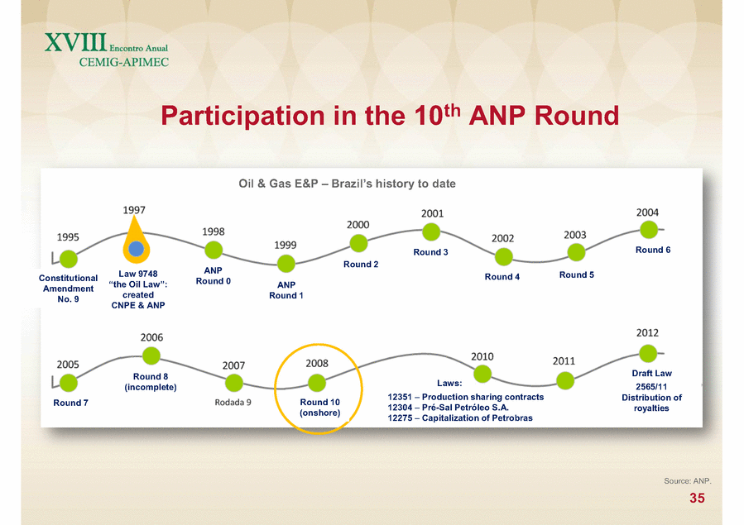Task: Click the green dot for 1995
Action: (x=69, y=259)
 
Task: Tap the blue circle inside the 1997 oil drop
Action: (x=137, y=249)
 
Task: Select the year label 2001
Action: (x=432, y=213)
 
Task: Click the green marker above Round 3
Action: (x=431, y=232)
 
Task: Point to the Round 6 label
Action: (x=653, y=250)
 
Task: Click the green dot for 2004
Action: (x=649, y=230)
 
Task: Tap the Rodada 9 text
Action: (x=233, y=403)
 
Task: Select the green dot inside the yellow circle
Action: (x=317, y=383)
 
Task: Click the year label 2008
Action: (x=317, y=364)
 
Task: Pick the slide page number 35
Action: (x=697, y=498)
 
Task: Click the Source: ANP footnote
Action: (x=688, y=481)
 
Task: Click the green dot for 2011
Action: (x=565, y=380)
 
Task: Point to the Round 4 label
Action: (x=502, y=277)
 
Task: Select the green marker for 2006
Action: (x=151, y=356)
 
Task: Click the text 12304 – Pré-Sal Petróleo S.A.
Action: (x=448, y=408)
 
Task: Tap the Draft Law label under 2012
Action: (x=652, y=374)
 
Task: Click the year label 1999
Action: (x=286, y=245)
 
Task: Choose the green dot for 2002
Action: (x=503, y=257)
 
